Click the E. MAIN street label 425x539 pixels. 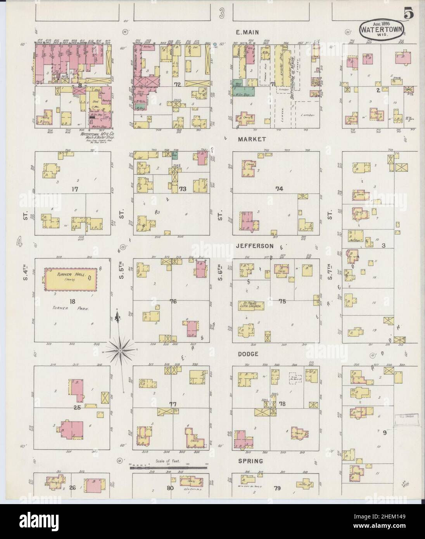[x=248, y=33]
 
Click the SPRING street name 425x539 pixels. [x=252, y=461]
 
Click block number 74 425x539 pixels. [x=279, y=189]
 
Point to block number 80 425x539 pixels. [x=169, y=488]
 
